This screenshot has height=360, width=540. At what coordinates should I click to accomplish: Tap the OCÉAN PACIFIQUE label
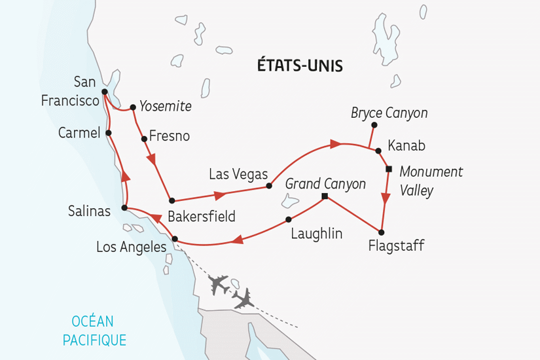coord(94,331)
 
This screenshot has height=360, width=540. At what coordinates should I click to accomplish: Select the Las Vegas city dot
coord(269,186)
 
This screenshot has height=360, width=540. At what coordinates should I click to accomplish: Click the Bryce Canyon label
coord(389,113)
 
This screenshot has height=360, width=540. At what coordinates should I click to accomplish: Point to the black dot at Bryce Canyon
coord(374,124)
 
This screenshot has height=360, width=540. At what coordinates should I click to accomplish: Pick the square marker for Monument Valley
coord(388,169)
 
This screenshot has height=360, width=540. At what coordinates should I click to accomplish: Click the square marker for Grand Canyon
coord(325,196)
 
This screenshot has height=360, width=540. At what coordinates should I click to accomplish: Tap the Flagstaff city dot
coord(381,232)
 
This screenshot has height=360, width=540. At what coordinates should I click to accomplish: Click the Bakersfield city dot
coord(171,200)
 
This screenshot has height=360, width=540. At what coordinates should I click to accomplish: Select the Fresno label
coord(170,136)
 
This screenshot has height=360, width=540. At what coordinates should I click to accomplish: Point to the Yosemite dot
coord(132,107)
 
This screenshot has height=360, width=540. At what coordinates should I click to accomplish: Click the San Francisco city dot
coord(104,92)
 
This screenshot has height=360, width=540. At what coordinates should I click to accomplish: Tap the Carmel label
coord(78,133)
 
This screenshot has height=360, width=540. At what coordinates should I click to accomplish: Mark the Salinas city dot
coord(124,208)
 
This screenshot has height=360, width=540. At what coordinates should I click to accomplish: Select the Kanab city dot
coord(378,151)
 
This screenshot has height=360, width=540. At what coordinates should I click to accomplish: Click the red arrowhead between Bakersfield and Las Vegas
coord(221,194)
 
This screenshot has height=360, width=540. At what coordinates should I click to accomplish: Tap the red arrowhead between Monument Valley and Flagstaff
coord(385,200)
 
